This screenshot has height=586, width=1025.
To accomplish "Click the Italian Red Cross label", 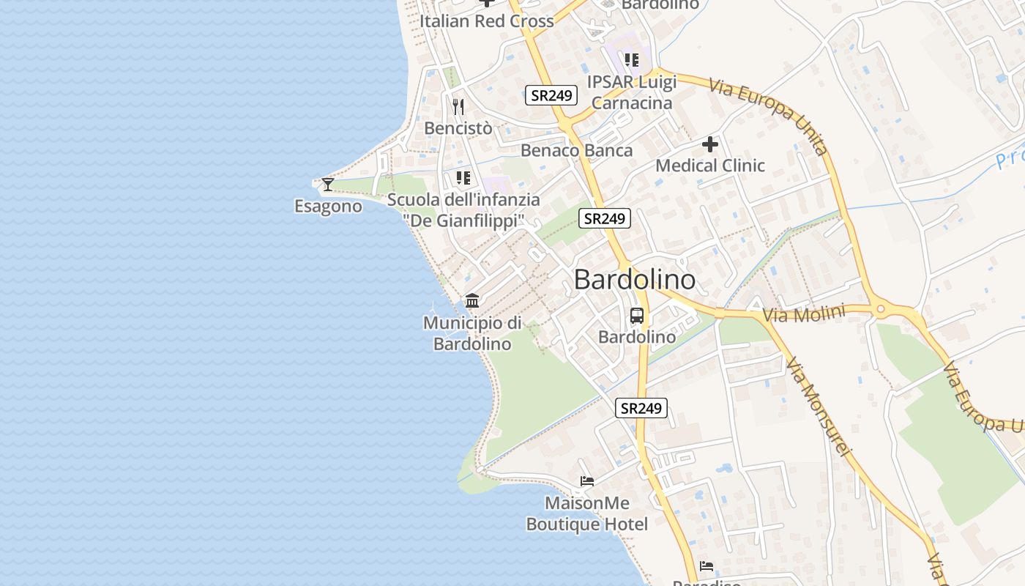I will (x=486, y=21).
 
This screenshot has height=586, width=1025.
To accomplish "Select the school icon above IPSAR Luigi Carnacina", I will (x=632, y=59).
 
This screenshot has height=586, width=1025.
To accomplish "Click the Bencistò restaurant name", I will (x=458, y=128).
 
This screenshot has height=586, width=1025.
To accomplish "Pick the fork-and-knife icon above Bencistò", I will (x=458, y=107).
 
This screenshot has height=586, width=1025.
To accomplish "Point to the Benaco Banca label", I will (x=576, y=151).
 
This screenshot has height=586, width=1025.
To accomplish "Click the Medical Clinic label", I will (x=709, y=166).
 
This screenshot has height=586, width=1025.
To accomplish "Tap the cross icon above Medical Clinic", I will (x=709, y=144).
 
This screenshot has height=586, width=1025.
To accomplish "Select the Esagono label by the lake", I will (x=328, y=207).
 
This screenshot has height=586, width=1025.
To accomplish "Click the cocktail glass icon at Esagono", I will (x=328, y=185).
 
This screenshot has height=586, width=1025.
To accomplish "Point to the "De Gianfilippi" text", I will (x=464, y=220).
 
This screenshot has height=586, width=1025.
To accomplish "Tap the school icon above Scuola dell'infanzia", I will (x=463, y=178).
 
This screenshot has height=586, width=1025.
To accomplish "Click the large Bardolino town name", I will (x=634, y=279).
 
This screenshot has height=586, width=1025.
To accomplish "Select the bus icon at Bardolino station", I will (x=637, y=316).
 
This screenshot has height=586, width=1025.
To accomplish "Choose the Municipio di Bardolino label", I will (x=472, y=333).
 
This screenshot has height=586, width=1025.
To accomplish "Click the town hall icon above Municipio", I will (x=472, y=301).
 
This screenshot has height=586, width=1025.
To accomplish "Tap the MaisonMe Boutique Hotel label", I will (x=586, y=513).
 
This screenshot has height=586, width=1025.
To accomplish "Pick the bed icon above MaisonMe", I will (x=587, y=481).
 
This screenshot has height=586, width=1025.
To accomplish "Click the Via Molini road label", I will (x=804, y=314).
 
